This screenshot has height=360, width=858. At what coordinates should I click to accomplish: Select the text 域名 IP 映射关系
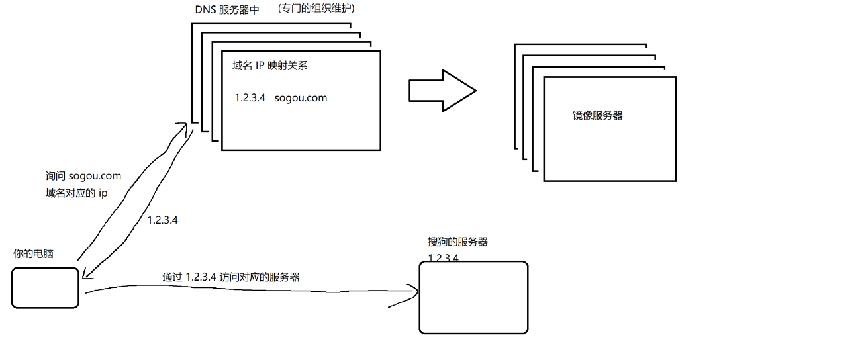coord(269,66)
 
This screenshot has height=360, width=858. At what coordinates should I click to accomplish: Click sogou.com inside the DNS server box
coord(301,98)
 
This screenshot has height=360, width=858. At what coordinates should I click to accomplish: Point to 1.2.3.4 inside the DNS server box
coord(250,98)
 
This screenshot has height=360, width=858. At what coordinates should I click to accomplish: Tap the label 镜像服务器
coord(597,116)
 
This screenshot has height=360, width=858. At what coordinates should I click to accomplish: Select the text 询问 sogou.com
coord(83,176)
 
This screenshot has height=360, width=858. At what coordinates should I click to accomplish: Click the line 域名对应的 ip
coord(76,193)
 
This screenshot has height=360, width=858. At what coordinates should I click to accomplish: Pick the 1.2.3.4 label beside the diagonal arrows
coord(162,220)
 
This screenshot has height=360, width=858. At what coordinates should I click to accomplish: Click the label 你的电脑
coord(33,254)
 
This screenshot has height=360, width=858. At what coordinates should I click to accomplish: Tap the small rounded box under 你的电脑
coord(46,288)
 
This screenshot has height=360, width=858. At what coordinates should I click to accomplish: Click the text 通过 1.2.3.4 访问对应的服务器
coord(230,277)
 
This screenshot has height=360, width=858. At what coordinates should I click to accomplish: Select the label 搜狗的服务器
coord(457,242)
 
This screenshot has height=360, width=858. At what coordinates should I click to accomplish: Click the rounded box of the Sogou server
coord(473,298)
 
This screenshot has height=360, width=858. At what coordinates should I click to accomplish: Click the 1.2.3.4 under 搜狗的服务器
coord(444,257)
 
